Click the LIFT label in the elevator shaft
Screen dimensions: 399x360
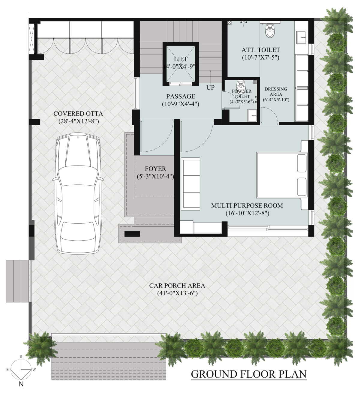(x=181, y=59)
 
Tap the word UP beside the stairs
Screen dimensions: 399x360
(x=210, y=88)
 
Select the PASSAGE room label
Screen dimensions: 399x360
(x=181, y=96)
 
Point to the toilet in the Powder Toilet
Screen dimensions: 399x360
(x=240, y=85)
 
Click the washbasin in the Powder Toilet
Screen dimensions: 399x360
(x=252, y=114)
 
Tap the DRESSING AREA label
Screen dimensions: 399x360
(x=276, y=91)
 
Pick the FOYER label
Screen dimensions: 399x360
(x=155, y=169)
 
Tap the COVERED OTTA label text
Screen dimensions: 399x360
(x=78, y=114)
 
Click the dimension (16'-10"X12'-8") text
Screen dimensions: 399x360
(x=247, y=213)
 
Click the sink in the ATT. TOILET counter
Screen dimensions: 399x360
(x=301, y=38)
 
